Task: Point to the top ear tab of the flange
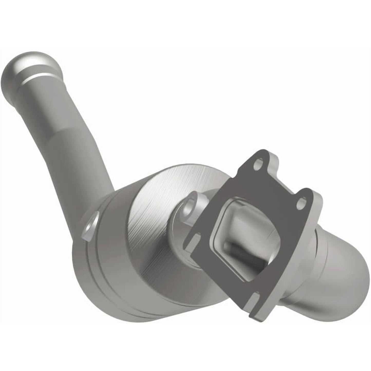(259, 159)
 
